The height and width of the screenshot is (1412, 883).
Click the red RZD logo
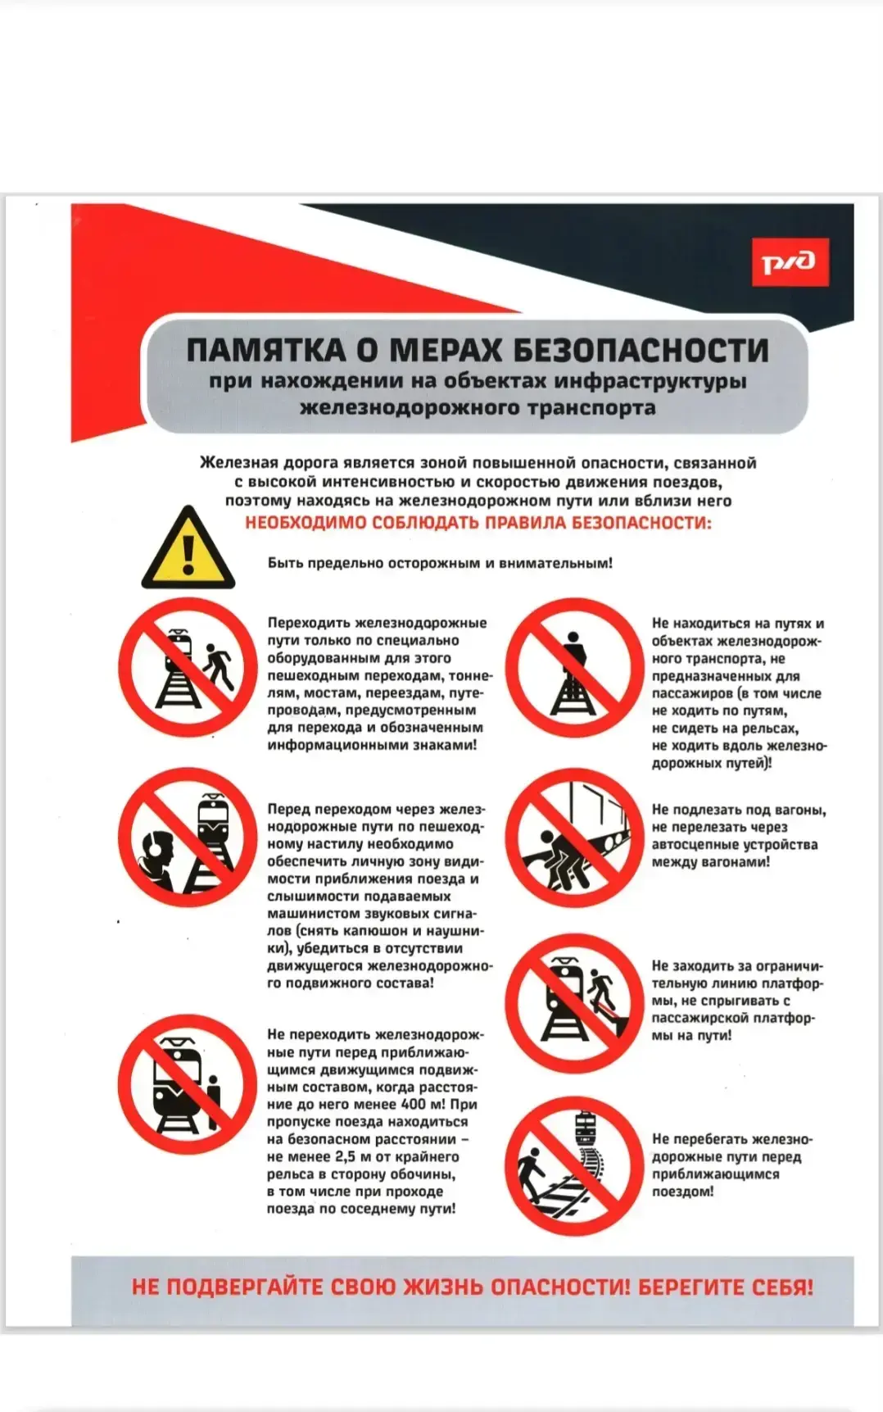pyautogui.click(x=790, y=262)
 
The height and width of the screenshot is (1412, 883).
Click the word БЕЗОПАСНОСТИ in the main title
pyautogui.click(x=641, y=351)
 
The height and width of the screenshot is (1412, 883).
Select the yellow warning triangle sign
pyautogui.click(x=188, y=547)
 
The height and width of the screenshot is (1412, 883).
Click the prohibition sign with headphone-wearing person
pyautogui.click(x=188, y=837)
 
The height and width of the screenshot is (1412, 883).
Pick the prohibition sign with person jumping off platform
pyautogui.click(x=574, y=1003)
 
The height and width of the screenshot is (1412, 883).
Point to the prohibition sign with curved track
pyautogui.click(x=574, y=1166)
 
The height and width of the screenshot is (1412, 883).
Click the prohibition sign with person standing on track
pyautogui.click(x=574, y=668)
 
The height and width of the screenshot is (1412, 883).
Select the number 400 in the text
pyautogui.click(x=413, y=1104)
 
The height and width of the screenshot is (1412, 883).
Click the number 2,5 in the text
pyautogui.click(x=345, y=1156)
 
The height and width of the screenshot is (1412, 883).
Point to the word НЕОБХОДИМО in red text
pyautogui.click(x=306, y=523)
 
